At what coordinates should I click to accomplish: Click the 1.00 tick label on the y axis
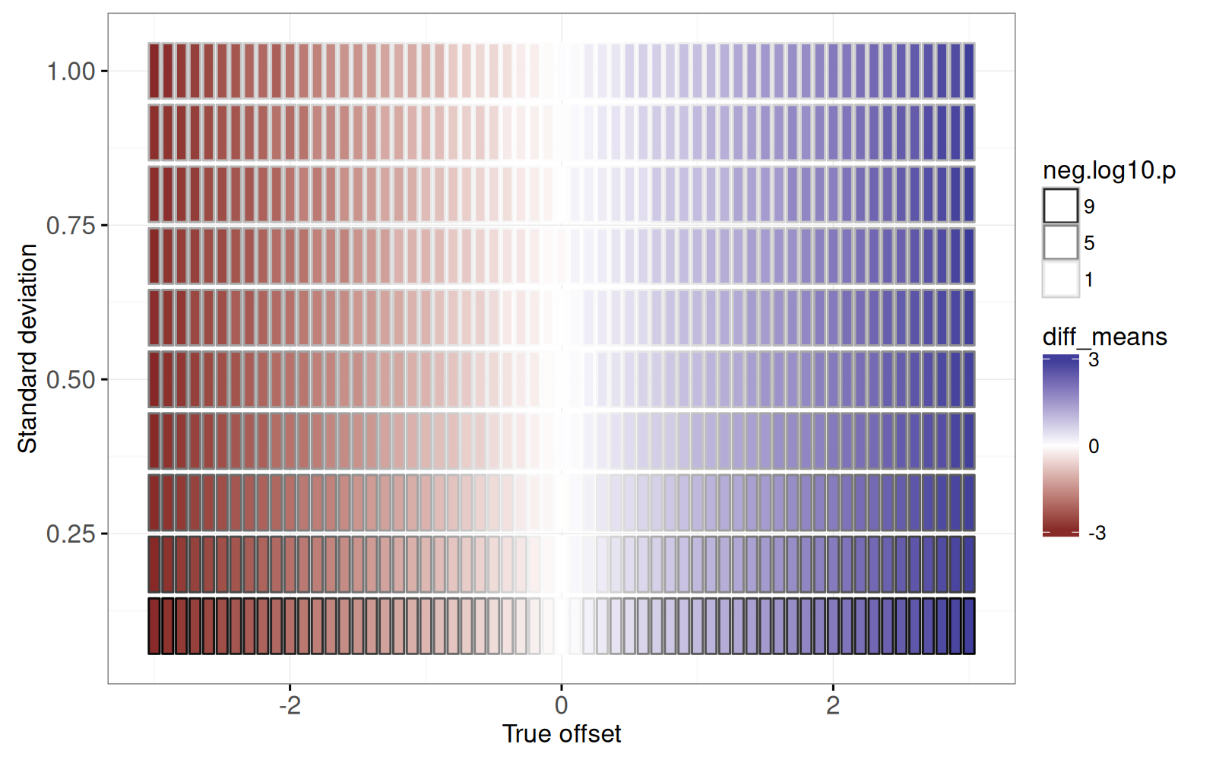pyautogui.click(x=71, y=71)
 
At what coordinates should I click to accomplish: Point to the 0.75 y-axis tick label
pyautogui.click(x=71, y=226)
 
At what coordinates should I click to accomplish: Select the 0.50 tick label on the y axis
pyautogui.click(x=71, y=380)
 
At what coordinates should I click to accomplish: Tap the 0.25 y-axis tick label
pyautogui.click(x=71, y=534)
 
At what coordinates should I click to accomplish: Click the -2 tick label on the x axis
pyautogui.click(x=290, y=706)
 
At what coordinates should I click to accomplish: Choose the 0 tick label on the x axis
pyautogui.click(x=562, y=706)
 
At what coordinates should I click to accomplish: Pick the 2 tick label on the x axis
pyautogui.click(x=833, y=706)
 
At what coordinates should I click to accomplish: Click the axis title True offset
pyautogui.click(x=562, y=734)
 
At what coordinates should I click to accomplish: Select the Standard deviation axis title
pyautogui.click(x=27, y=349)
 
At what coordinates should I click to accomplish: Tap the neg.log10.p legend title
pyautogui.click(x=1109, y=170)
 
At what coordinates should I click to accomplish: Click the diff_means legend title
pyautogui.click(x=1104, y=337)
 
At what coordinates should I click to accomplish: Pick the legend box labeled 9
pyautogui.click(x=1060, y=206)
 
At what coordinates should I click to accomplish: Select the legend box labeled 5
pyautogui.click(x=1060, y=242)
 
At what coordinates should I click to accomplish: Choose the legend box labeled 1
pyautogui.click(x=1060, y=279)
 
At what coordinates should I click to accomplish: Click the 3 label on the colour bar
pyautogui.click(x=1094, y=359)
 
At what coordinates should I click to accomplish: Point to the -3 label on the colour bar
pyautogui.click(x=1097, y=533)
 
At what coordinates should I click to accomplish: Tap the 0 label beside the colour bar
pyautogui.click(x=1094, y=446)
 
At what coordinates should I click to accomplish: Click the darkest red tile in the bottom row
pyautogui.click(x=154, y=625)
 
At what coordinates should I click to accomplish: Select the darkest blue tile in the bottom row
pyautogui.click(x=968, y=625)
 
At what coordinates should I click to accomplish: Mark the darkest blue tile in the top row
pyautogui.click(x=968, y=71)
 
